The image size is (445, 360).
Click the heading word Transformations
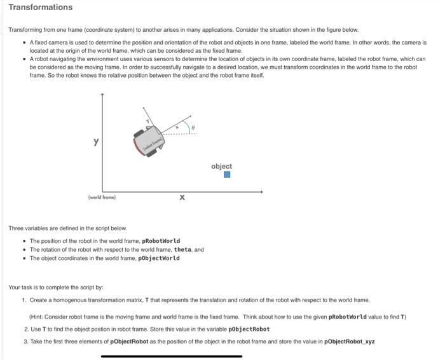pyautogui.click(x=41, y=8)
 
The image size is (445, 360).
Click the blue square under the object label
pyautogui.click(x=227, y=175)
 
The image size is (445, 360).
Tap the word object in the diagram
pyautogui.click(x=221, y=166)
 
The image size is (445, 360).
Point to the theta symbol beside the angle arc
pyautogui.click(x=194, y=127)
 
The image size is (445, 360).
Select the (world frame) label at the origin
pyautogui.click(x=102, y=197)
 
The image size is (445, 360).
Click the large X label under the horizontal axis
pyautogui.click(x=182, y=198)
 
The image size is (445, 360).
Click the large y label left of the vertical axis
pyautogui.click(x=96, y=142)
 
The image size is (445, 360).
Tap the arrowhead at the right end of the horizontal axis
pyautogui.click(x=260, y=191)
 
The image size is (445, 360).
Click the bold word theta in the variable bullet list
pyautogui.click(x=182, y=249)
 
